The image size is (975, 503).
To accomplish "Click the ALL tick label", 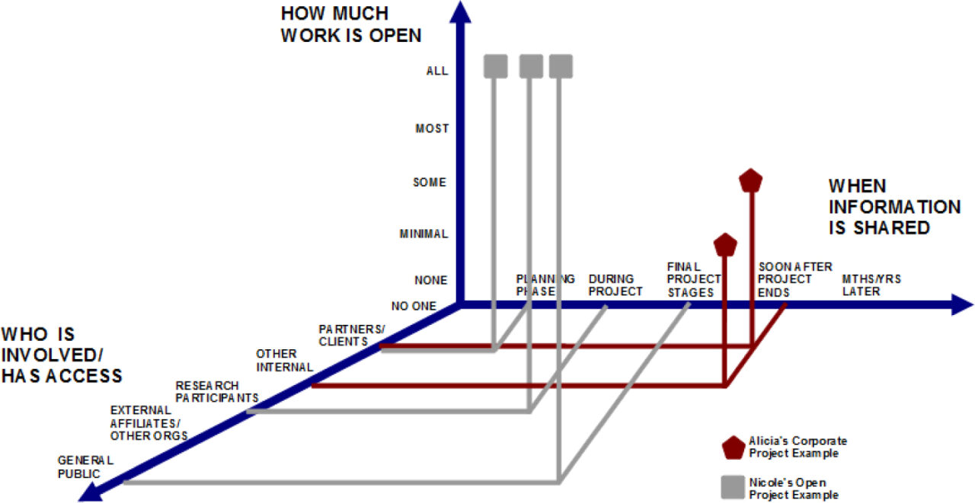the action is point(437,71).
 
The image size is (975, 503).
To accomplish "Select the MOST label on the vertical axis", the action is point(432,129).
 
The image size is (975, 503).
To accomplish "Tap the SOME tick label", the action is point(430,182).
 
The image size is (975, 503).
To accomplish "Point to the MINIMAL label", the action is point(424,234).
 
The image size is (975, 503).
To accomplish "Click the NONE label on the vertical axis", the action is point(431,280).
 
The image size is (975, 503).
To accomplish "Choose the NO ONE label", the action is point(414,307).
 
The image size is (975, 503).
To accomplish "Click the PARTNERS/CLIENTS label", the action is point(352,335).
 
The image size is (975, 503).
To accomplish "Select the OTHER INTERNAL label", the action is point(285,361).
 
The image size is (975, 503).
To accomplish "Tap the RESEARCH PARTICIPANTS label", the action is point(217,392).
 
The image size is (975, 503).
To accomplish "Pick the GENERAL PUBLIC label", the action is point(85,467).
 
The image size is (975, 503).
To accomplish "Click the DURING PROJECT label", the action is point(615,285).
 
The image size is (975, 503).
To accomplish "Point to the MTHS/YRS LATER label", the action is point(871,285).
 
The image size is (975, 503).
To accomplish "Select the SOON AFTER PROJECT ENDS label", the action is point(794,279).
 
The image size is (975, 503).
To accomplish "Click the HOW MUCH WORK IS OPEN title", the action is point(351,24).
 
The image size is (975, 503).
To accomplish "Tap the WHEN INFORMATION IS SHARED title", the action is point(894,207).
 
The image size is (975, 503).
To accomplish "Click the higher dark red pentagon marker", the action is point(751,180).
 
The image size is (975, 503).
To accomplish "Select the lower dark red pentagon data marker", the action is point(725,245).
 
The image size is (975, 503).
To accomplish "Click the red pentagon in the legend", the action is point(734,447).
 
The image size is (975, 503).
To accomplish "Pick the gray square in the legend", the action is point(733,487).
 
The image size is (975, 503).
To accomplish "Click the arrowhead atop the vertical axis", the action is point(460,11).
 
